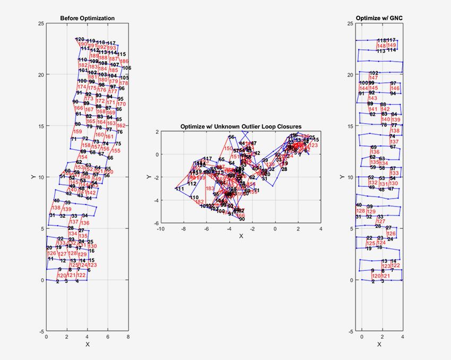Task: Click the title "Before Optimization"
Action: coord(88,19)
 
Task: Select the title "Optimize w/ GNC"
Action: coord(379,19)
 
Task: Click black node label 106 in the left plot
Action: coord(126,68)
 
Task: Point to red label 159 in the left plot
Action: coord(77,132)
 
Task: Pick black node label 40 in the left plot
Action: coord(56,200)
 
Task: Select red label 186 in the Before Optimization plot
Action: coord(124,62)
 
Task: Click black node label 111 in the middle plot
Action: coord(180,189)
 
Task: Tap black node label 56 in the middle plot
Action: coord(231,137)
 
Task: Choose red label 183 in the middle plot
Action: coord(210,188)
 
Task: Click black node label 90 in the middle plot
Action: coord(241,219)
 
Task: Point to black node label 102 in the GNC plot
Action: coord(374,73)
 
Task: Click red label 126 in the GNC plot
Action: coord(391,234)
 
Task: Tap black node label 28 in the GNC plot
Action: coord(378,226)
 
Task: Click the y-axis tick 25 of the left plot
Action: coord(40,24)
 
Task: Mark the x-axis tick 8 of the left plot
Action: coord(128,337)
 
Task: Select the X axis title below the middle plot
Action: coord(241,235)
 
